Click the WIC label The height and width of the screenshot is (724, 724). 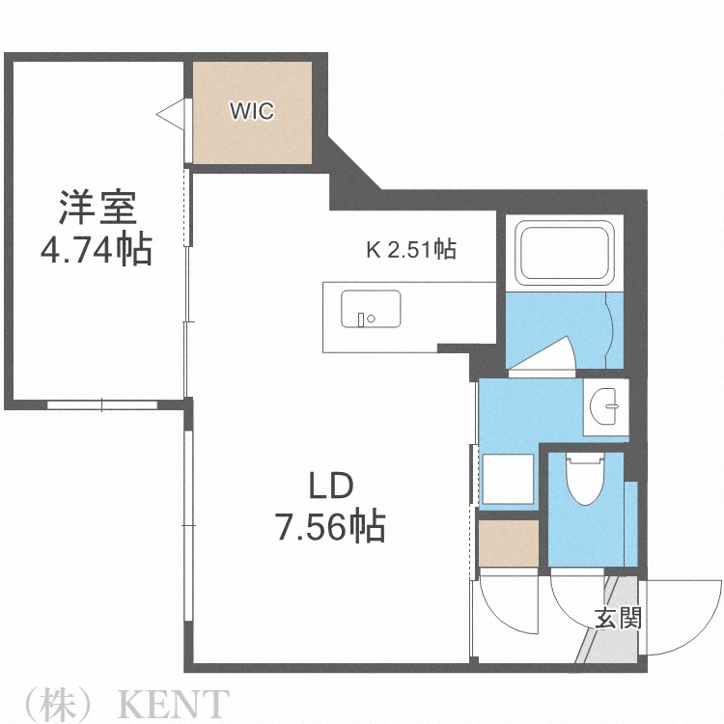251,111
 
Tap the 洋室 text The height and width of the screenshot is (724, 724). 96,208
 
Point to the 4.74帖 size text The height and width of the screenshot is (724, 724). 96,251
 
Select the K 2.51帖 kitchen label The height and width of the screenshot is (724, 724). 410,250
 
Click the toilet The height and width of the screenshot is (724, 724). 584,478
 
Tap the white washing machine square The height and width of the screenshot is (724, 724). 508,477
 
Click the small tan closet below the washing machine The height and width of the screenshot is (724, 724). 508,545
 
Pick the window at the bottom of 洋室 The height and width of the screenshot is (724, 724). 101,404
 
